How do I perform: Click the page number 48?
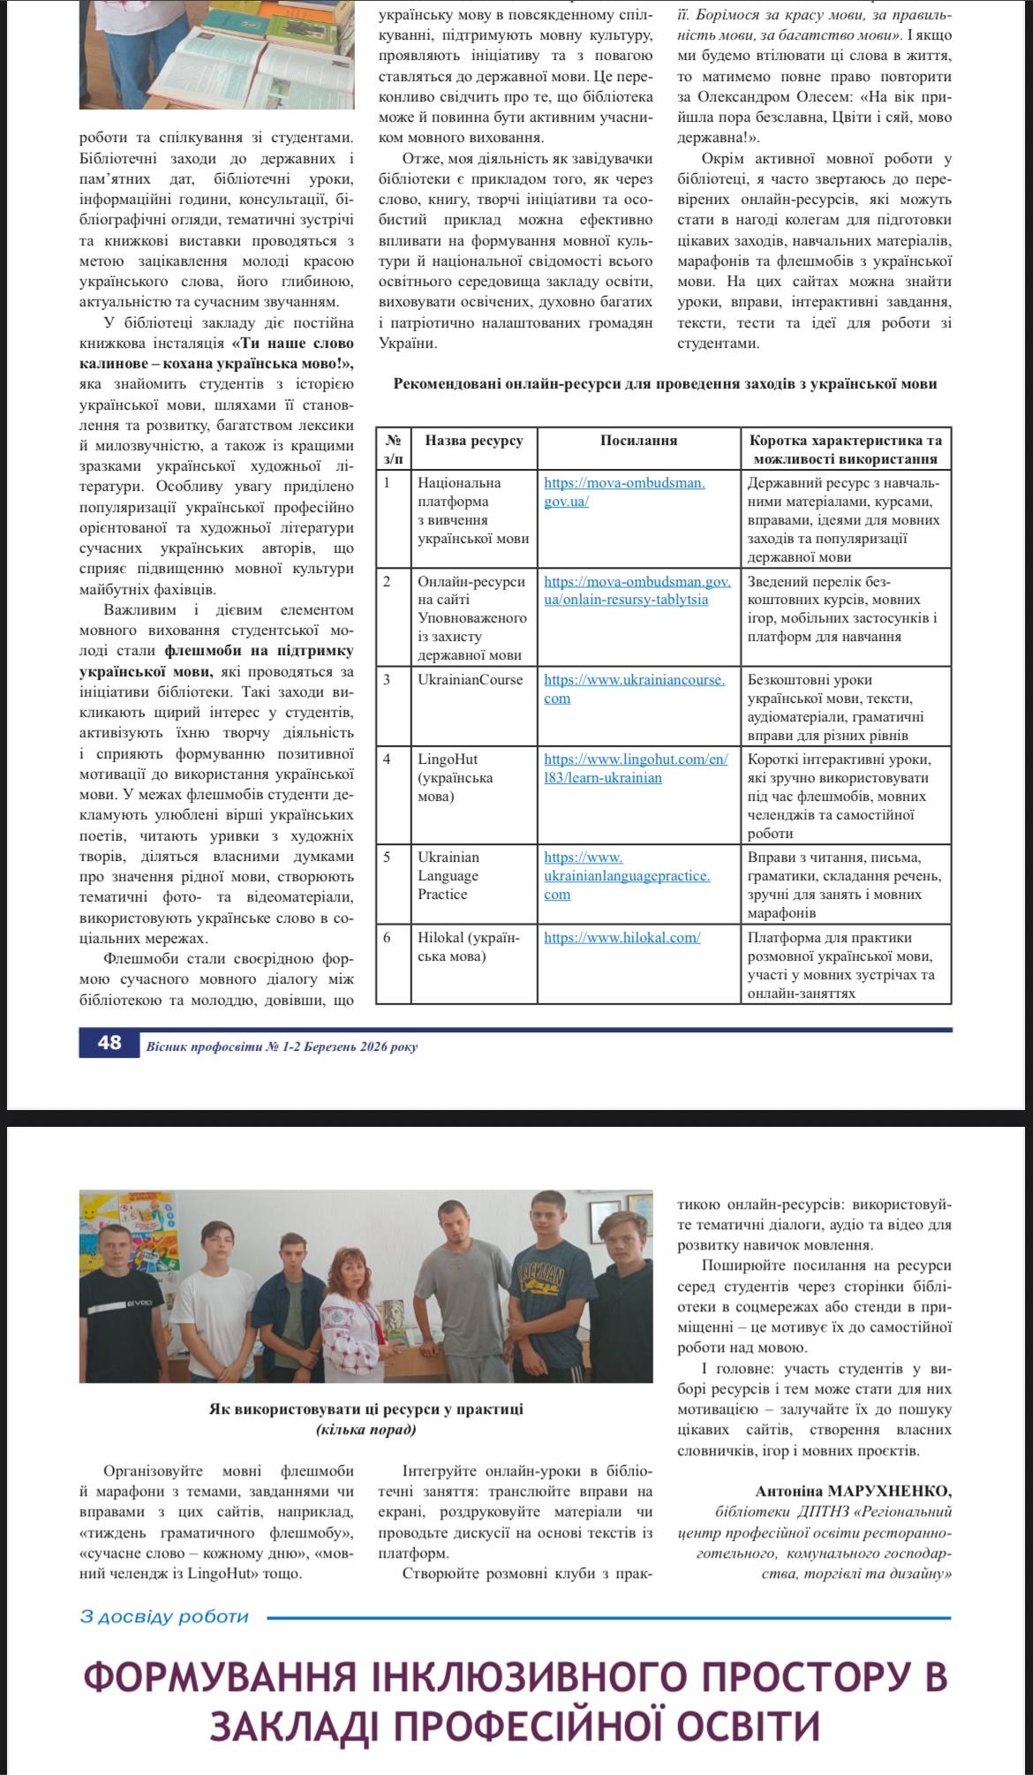point(109,1043)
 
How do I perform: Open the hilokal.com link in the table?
point(622,938)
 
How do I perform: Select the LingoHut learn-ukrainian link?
point(636,768)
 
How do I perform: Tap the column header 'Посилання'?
point(638,440)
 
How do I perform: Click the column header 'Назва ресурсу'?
point(473,440)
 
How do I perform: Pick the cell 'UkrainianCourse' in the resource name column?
point(470,680)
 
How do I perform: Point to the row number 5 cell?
point(387,857)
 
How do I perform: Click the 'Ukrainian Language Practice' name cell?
point(449,875)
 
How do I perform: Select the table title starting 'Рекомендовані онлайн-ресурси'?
point(664,384)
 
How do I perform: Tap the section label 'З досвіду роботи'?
point(164,1617)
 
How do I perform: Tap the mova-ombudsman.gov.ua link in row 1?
point(624,492)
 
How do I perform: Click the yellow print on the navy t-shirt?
point(541,1279)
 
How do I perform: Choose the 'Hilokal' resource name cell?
point(468,947)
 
